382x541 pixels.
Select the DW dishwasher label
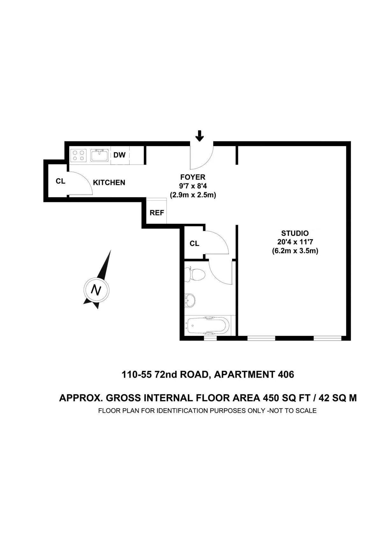119,155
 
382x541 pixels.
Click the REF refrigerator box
157,212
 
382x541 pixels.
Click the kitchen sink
100,155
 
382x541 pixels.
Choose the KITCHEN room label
109,182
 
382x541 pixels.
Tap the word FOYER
193,177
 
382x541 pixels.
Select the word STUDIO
295,233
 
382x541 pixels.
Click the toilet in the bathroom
196,274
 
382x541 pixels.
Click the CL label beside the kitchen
60,181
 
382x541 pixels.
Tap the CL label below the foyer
195,244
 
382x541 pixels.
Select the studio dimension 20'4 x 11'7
295,242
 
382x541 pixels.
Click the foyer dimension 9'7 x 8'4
193,186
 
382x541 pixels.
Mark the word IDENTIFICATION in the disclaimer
182,411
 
